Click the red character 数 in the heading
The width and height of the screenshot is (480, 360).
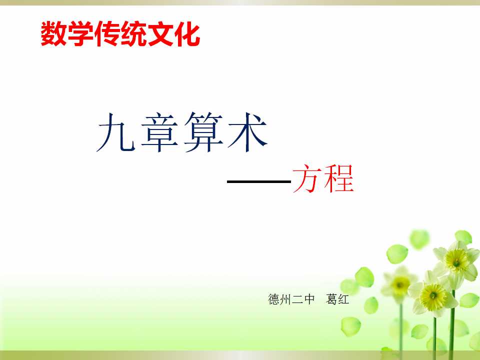tap(54, 34)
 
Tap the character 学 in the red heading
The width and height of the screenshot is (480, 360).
tap(80, 34)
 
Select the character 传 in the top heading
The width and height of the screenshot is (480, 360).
tap(107, 34)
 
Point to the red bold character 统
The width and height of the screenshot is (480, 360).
tap(134, 34)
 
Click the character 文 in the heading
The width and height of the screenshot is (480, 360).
tap(160, 34)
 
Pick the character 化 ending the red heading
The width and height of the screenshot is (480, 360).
tap(187, 34)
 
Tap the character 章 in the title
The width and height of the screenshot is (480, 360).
tap(159, 132)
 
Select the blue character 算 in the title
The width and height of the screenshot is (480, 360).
tap(203, 132)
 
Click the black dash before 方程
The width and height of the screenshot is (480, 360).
tap(259, 181)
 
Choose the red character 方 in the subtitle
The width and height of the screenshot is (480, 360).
tap(307, 179)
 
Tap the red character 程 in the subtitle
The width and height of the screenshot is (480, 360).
tap(339, 179)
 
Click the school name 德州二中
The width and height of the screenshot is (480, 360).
tap(291, 299)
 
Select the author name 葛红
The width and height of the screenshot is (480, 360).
tap(337, 299)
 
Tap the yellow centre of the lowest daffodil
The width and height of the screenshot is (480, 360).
tap(433, 296)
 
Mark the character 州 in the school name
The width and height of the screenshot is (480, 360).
tap(285, 299)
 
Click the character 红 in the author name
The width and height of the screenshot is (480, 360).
tap(343, 299)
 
